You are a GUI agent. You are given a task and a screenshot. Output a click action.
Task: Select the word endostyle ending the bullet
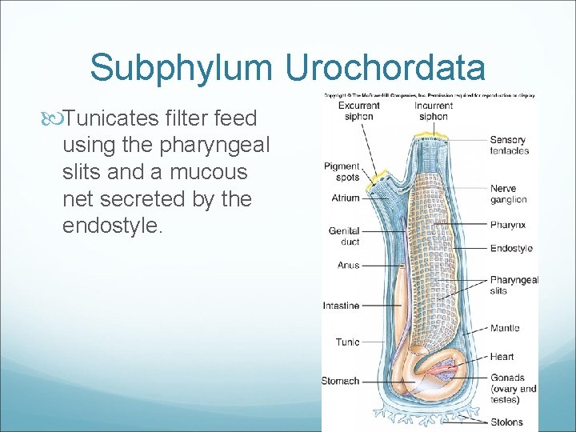(111, 225)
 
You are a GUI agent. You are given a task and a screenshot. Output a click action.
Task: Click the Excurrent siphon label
(358, 110)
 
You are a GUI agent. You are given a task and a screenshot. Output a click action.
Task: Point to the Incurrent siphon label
(433, 110)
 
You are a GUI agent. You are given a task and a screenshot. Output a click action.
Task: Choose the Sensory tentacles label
(508, 145)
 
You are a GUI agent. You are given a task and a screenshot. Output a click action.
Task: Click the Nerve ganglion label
(508, 194)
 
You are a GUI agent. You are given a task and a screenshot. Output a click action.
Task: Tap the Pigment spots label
(342, 171)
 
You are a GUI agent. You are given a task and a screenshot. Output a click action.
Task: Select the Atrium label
(345, 198)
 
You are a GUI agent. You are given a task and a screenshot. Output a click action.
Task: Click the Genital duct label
(344, 236)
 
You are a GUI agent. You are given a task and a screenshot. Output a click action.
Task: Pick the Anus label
(348, 265)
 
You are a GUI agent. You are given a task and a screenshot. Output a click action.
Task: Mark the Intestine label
(341, 306)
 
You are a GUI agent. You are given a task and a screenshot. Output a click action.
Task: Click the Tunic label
(347, 342)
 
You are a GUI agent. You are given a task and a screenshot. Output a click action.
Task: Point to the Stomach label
(340, 381)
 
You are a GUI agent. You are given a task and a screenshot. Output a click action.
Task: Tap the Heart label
(502, 357)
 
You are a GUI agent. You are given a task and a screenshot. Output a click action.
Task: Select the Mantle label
(504, 328)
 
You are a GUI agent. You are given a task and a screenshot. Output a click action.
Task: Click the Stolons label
(506, 422)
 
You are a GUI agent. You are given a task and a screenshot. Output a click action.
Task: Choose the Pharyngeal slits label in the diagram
(514, 285)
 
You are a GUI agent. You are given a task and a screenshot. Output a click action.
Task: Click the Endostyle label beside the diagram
(511, 248)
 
